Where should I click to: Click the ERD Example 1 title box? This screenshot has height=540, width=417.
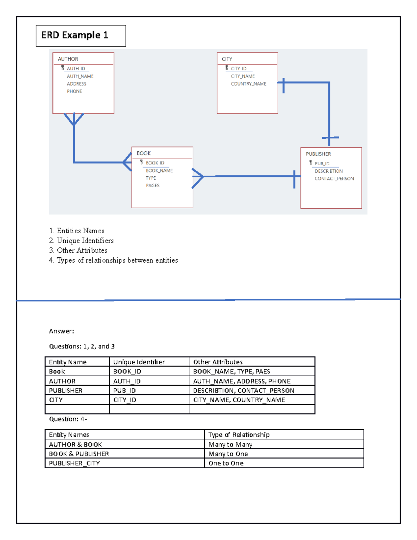tap(81, 35)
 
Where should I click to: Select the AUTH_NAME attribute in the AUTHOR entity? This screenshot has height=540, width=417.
tap(80, 76)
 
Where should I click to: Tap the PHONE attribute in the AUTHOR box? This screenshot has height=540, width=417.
tap(74, 91)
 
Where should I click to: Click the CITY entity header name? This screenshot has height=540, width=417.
tap(227, 59)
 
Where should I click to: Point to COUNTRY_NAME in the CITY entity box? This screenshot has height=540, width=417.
tap(248, 84)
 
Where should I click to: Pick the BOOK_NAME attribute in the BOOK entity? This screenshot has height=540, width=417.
tap(159, 170)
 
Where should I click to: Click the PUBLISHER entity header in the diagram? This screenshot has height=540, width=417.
tap(318, 154)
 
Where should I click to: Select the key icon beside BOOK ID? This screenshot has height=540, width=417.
tap(141, 162)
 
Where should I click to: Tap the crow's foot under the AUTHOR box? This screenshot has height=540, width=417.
tap(74, 119)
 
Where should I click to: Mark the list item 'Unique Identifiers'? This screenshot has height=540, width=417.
tap(85, 241)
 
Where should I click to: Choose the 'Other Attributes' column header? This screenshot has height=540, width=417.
tap(218, 362)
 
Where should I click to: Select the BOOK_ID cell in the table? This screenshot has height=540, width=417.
tap(127, 371)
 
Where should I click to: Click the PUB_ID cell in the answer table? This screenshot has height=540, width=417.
tap(124, 390)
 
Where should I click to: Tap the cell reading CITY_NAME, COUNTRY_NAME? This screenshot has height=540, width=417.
tap(239, 400)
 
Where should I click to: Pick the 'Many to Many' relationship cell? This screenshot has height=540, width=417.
tap(230, 444)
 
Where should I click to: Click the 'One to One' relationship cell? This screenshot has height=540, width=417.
tap(226, 463)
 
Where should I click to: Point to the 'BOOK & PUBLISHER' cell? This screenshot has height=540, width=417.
tap(79, 454)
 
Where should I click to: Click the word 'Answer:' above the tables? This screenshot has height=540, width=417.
tap(62, 331)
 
